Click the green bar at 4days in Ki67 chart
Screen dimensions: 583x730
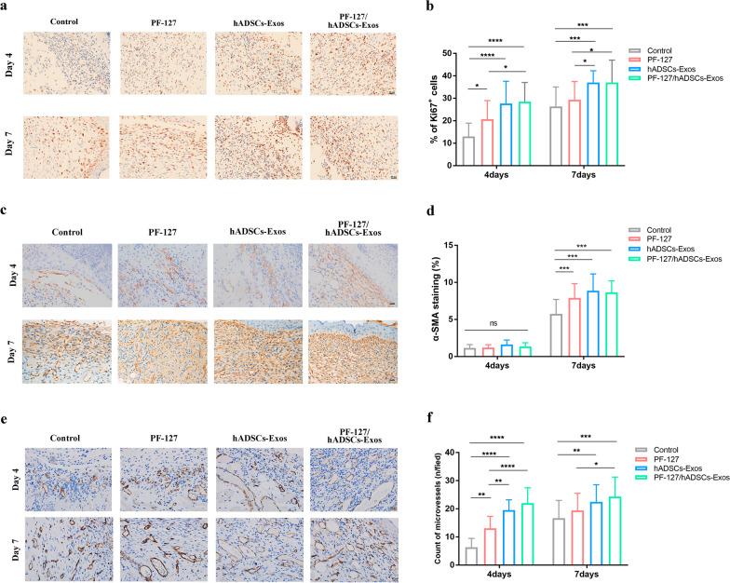click(x=524, y=134)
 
